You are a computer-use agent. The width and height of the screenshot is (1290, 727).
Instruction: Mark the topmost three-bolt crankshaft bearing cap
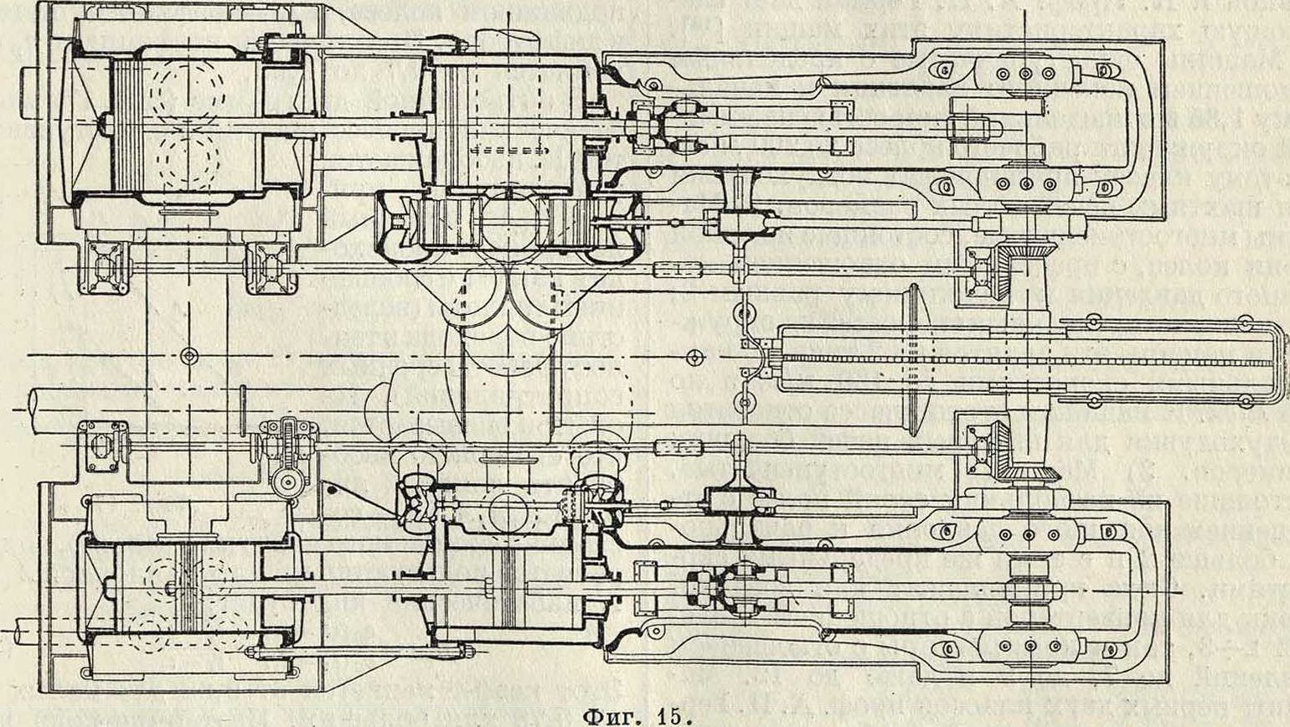(x=1025, y=73)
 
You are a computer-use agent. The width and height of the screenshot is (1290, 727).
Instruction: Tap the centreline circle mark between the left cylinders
(x=188, y=356)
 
